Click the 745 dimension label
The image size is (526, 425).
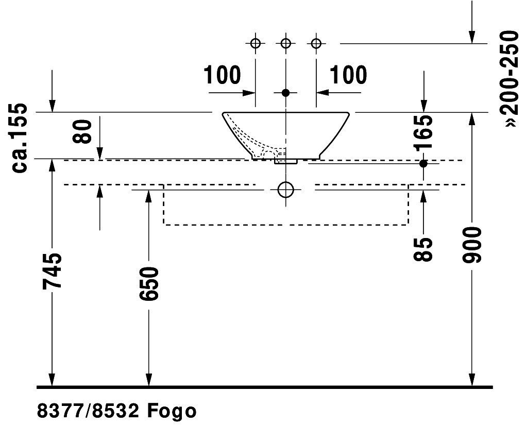pyautogui.click(x=53, y=270)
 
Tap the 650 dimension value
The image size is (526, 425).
pyautogui.click(x=149, y=283)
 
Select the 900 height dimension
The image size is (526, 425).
pyautogui.click(x=472, y=245)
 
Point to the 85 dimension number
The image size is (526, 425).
pyautogui.click(x=423, y=249)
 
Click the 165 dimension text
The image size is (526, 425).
pyautogui.click(x=423, y=132)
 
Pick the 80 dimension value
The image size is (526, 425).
pyautogui.click(x=82, y=131)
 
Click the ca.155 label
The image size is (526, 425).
pyautogui.click(x=19, y=138)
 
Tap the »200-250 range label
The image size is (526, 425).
pyautogui.click(x=509, y=79)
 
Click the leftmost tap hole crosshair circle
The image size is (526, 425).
pyautogui.click(x=256, y=43)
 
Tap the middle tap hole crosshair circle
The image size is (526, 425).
pyautogui.click(x=286, y=43)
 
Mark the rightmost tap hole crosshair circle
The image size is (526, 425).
pyautogui.click(x=316, y=43)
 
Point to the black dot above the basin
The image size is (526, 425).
pyautogui.click(x=285, y=93)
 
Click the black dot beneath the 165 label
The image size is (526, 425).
pyautogui.click(x=423, y=164)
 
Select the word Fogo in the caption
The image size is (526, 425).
pyautogui.click(x=172, y=411)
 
